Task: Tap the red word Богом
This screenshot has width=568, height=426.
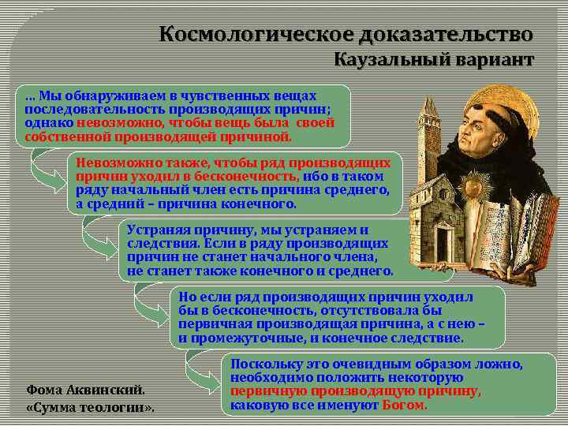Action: pyautogui.click(x=404, y=405)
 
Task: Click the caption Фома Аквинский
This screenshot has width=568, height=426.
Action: pyautogui.click(x=86, y=390)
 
